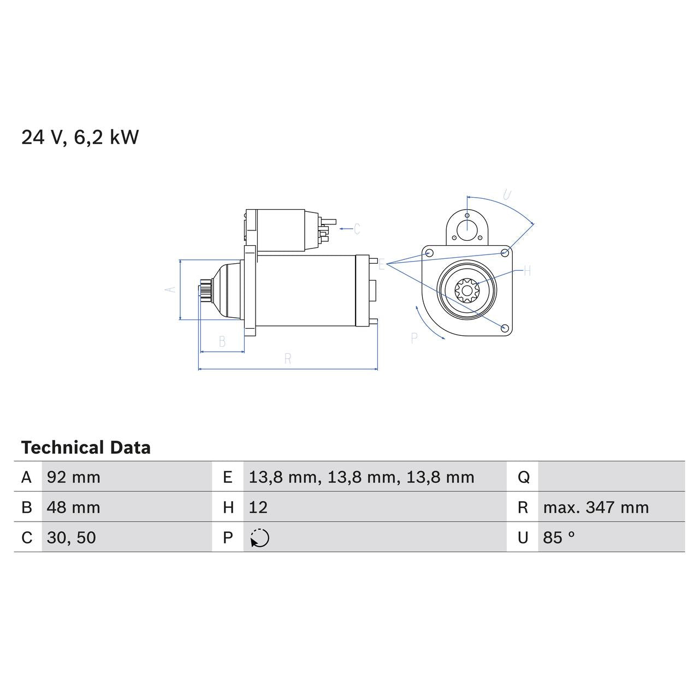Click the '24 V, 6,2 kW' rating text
point(80,137)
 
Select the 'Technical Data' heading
point(86,448)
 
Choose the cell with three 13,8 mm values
point(361,477)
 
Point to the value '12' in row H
point(258,507)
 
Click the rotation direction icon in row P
point(260,538)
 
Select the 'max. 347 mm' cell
point(596,507)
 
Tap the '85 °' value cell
point(559,537)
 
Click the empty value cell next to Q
point(611,477)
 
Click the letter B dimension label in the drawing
point(222,342)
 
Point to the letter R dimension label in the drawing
point(288,359)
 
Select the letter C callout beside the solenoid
point(357,229)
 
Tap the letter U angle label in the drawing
point(507,195)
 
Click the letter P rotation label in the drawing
point(414,339)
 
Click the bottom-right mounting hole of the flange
point(505,328)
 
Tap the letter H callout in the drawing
point(527,271)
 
